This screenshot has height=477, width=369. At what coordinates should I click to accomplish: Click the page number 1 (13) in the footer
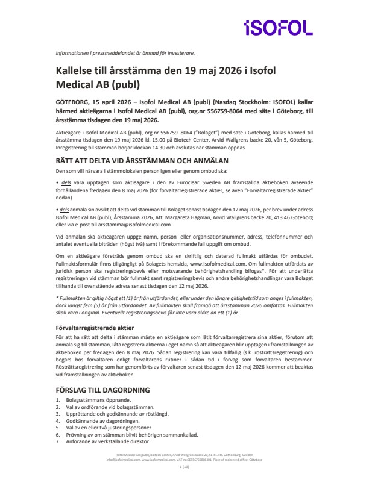184,466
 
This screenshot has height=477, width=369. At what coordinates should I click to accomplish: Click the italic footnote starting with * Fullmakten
184,307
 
